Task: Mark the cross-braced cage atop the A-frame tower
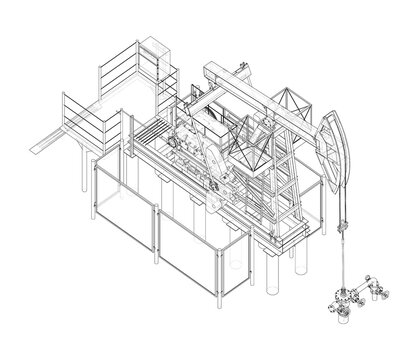point(291,104)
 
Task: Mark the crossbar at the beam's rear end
point(216,74)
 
